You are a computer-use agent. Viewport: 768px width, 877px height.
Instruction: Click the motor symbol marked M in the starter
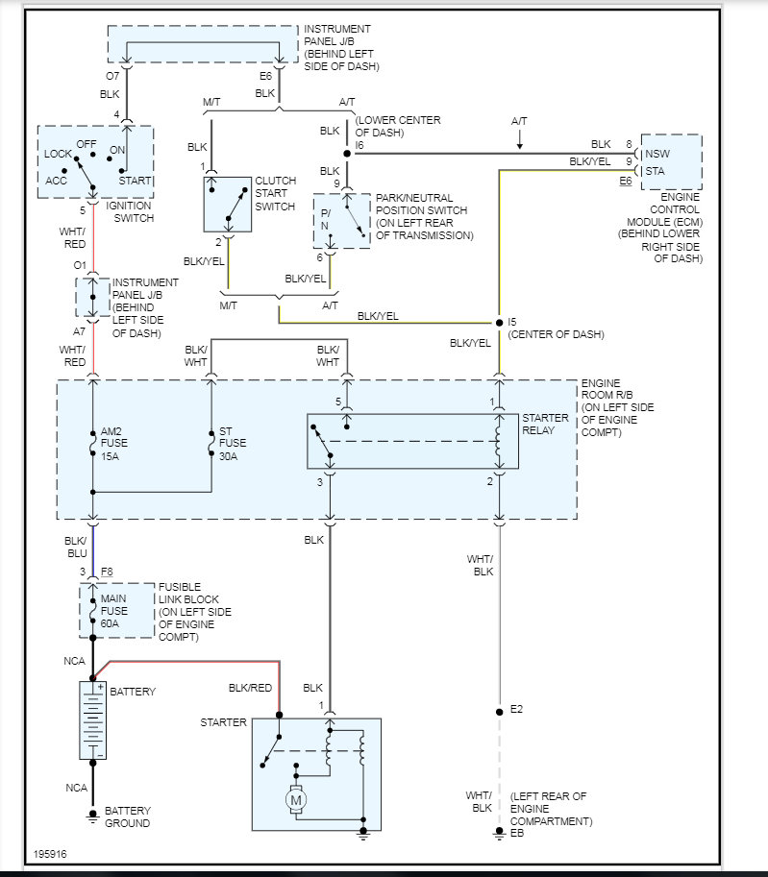click(296, 800)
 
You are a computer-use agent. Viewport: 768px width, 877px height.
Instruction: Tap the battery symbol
click(93, 719)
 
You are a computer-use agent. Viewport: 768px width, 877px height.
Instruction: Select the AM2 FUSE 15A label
click(114, 444)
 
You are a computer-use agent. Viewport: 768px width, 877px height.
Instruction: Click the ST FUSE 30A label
click(233, 444)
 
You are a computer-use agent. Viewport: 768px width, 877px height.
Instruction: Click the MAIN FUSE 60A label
click(114, 611)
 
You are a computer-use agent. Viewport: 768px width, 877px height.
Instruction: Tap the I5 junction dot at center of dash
click(499, 323)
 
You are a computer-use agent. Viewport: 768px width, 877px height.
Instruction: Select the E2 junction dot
click(499, 712)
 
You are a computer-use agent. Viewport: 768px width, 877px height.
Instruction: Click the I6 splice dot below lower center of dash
click(347, 154)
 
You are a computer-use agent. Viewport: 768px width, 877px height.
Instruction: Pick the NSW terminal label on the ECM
click(657, 154)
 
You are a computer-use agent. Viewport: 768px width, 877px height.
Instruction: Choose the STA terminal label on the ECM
click(655, 171)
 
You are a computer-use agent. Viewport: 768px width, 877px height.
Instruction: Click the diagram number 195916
click(50, 854)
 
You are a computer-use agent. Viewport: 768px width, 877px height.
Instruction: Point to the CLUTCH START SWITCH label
click(275, 193)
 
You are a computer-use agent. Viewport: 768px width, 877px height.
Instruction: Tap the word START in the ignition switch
click(135, 181)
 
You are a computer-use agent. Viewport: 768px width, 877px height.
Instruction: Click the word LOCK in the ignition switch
click(59, 154)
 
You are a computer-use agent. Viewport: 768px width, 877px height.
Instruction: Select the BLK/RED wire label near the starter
click(250, 688)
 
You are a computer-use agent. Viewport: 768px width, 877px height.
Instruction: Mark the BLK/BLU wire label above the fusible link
click(76, 547)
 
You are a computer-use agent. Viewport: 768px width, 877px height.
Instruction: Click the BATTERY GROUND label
click(127, 816)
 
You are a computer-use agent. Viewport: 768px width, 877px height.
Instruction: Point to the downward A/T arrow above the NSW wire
click(519, 138)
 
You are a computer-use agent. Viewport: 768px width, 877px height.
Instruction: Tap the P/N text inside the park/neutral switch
click(325, 219)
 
